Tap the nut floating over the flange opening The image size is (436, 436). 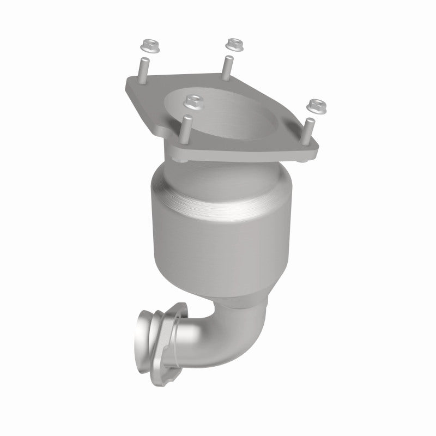coord(191,100)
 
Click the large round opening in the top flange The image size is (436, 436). coord(240,117)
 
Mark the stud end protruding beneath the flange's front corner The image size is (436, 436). coord(180,160)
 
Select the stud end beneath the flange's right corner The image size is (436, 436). coord(303,162)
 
